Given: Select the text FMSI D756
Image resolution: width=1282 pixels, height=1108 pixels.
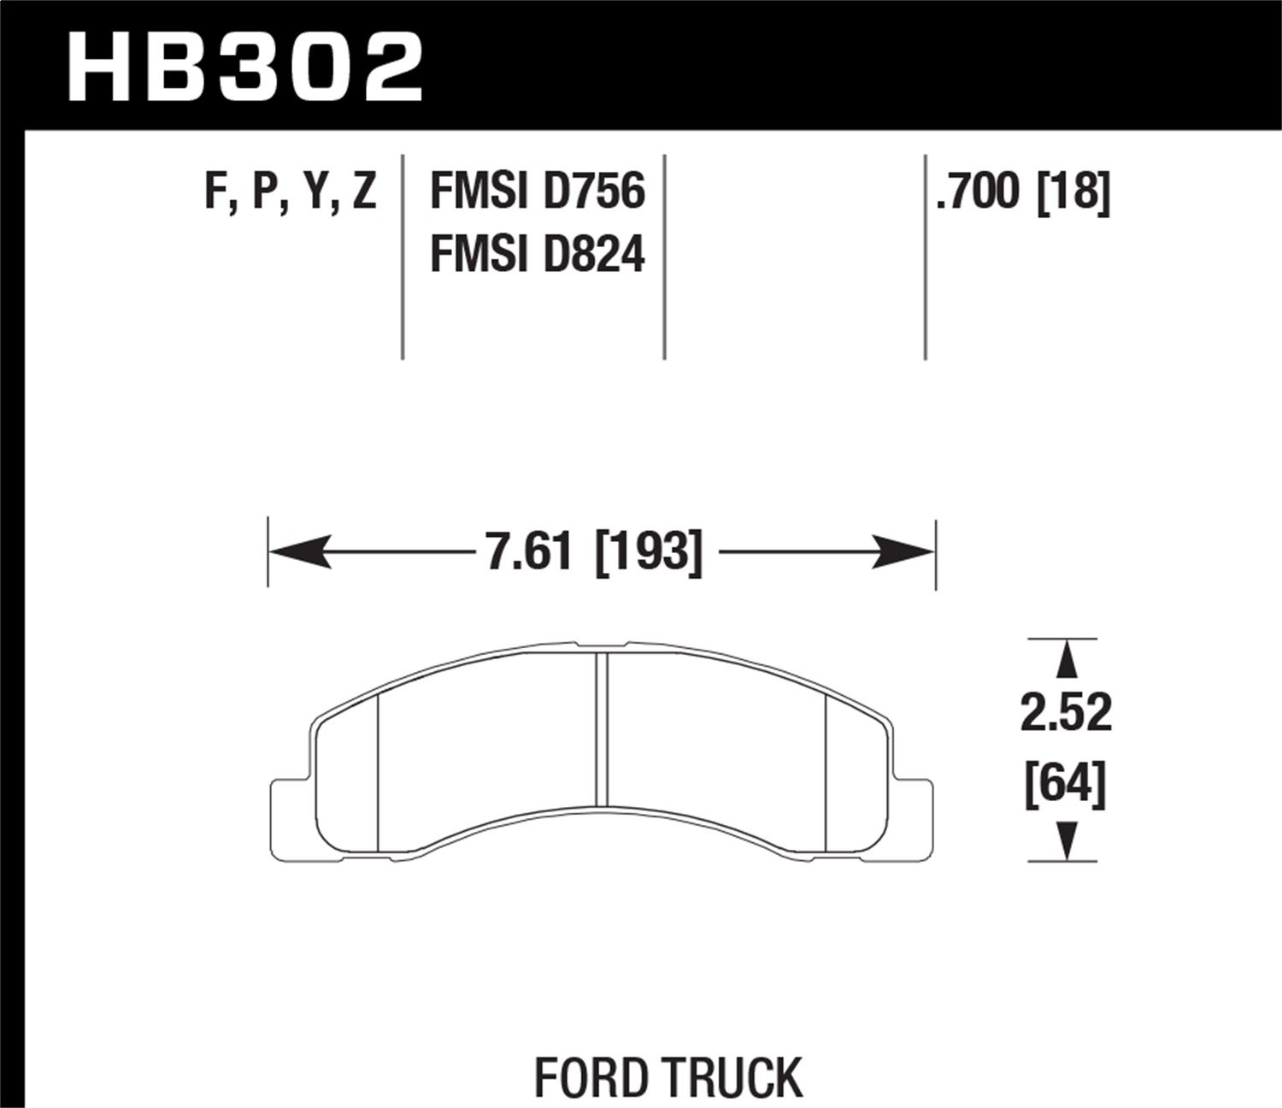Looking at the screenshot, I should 537,191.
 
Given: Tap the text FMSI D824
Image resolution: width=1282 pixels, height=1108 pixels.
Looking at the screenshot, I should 537,255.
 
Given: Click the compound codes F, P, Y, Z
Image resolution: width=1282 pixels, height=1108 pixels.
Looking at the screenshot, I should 290,191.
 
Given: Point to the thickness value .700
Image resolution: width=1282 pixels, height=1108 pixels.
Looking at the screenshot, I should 979,191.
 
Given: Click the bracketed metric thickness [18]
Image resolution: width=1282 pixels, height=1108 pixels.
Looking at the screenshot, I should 1073,191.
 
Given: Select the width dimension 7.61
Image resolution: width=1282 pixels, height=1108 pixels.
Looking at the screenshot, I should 528,551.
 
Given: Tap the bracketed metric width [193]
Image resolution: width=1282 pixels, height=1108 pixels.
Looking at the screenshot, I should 648,551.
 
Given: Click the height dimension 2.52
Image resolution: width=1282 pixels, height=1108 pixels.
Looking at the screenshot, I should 1066,711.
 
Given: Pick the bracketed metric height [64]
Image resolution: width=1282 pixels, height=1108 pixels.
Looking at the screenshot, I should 1066,782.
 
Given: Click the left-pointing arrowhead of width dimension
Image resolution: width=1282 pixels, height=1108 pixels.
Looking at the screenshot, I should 299,552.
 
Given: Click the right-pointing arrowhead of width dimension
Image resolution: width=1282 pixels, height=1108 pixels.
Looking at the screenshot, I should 904,552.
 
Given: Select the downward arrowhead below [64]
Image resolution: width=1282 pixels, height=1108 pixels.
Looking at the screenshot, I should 1064,840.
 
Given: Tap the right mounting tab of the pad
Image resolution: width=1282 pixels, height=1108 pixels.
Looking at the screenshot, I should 914,816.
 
